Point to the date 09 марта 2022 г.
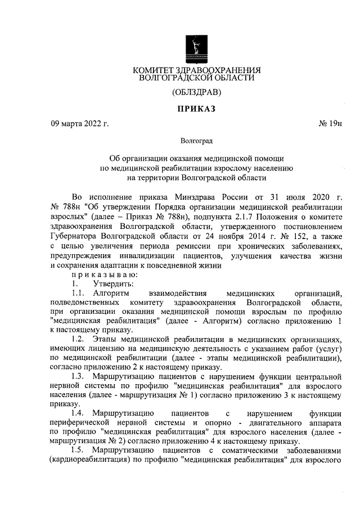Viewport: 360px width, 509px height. click(x=79, y=123)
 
